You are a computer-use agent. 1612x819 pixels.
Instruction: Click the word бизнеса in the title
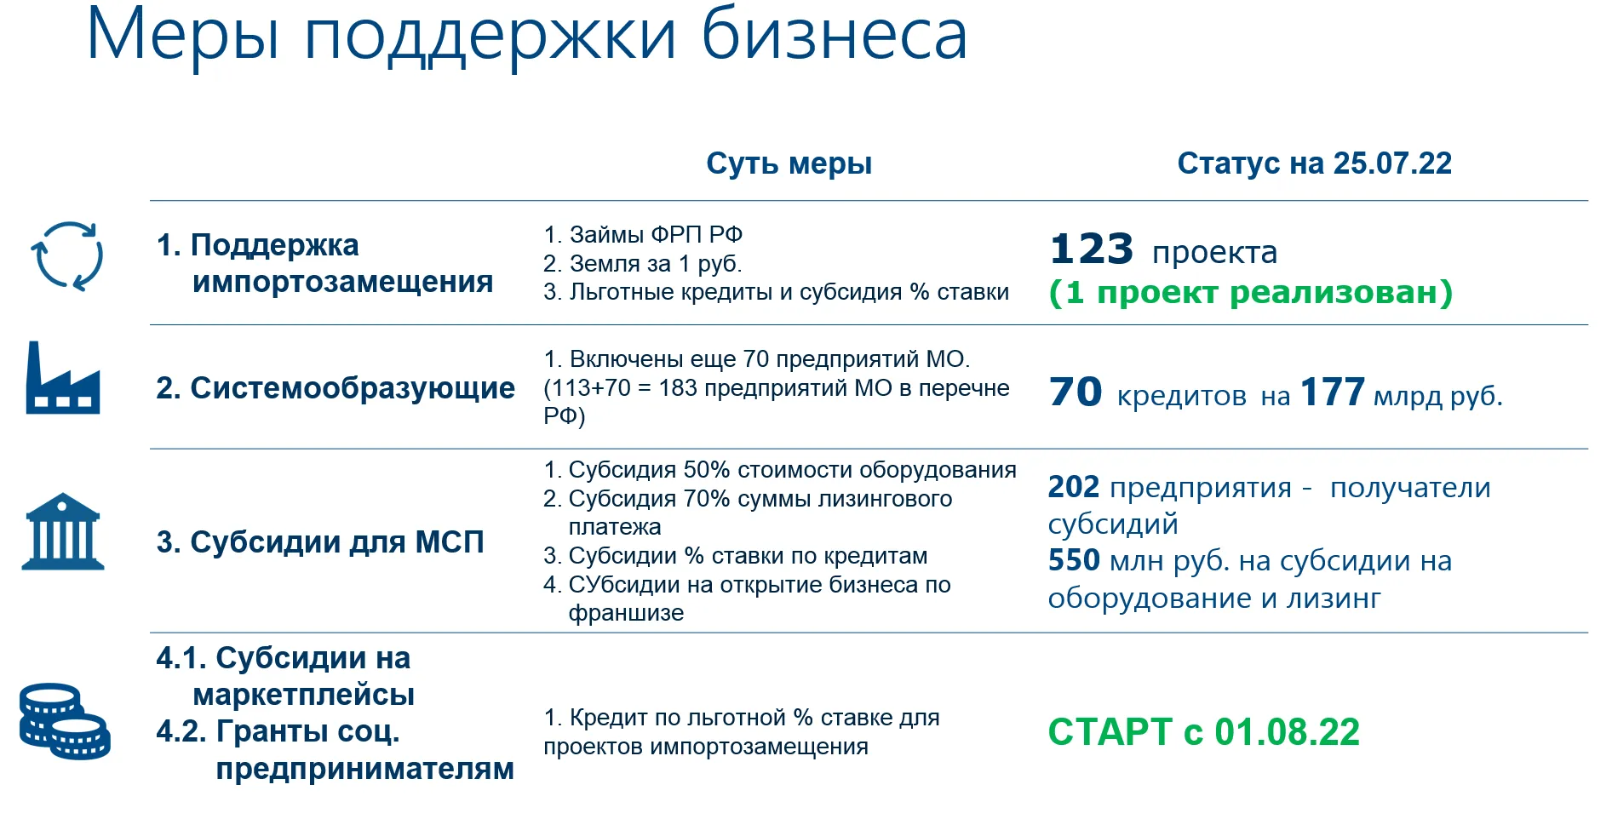click(x=835, y=36)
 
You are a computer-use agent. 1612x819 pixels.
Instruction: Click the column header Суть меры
click(x=789, y=164)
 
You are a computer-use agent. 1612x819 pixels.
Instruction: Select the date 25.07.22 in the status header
click(x=1392, y=163)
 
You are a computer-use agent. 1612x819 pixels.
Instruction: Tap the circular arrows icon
click(x=66, y=256)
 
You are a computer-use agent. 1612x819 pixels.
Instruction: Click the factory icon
click(x=62, y=378)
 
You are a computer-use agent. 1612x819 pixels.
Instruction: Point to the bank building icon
click(x=63, y=531)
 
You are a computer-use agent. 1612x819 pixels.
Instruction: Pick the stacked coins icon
click(x=65, y=721)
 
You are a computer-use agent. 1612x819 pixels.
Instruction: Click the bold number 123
click(x=1092, y=249)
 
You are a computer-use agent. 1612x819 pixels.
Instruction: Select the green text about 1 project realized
click(x=1250, y=292)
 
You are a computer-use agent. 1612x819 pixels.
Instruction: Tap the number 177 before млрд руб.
click(x=1333, y=392)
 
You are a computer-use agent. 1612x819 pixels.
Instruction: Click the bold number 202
click(x=1074, y=487)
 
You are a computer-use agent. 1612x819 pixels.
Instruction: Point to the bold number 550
click(x=1074, y=560)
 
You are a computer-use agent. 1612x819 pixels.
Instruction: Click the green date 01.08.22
click(x=1287, y=732)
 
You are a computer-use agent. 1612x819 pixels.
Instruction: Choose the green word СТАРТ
click(x=1110, y=732)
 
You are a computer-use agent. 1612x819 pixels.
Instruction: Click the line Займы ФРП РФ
click(x=643, y=234)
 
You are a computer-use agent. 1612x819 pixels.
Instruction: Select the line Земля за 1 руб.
click(x=643, y=264)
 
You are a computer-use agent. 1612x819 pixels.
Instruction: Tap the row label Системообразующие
click(x=336, y=388)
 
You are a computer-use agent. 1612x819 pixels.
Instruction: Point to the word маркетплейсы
click(x=304, y=695)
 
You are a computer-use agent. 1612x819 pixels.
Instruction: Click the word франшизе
click(x=626, y=613)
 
